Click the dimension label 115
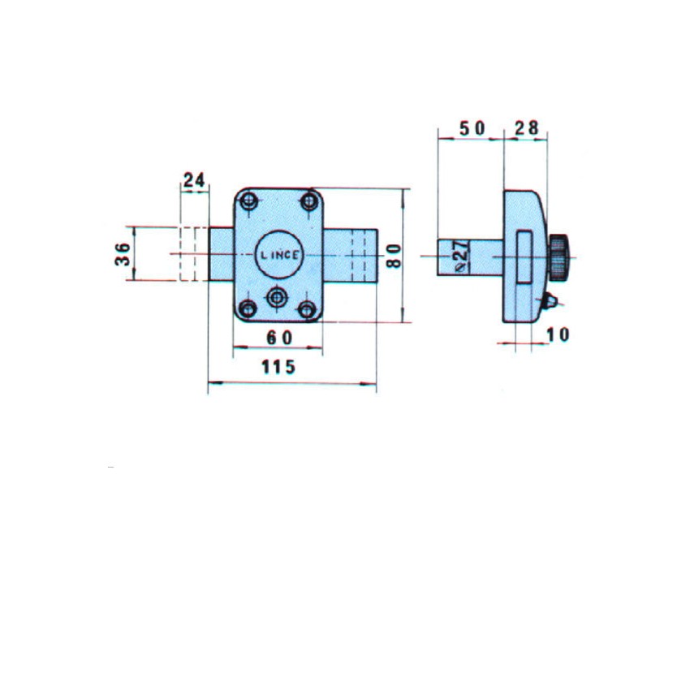[x=278, y=367]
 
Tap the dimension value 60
[x=279, y=338]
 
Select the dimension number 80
[x=394, y=256]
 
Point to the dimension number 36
[x=123, y=254]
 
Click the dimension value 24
[x=194, y=180]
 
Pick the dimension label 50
[x=472, y=128]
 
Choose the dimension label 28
[x=526, y=128]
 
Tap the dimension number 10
[x=558, y=335]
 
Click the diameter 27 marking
[x=461, y=257]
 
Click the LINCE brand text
[x=280, y=255]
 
